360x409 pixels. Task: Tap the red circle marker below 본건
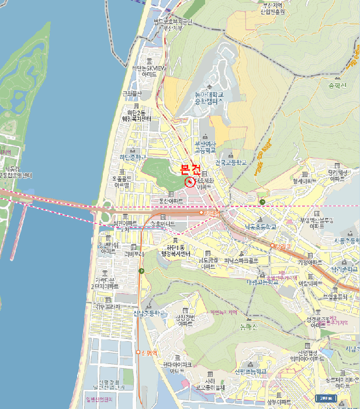pyautogui.click(x=190, y=182)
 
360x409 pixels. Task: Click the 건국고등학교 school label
pyautogui.click(x=231, y=162)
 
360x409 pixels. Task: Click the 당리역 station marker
pyautogui.click(x=273, y=245)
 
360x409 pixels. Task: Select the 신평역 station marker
pyautogui.click(x=139, y=352)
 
